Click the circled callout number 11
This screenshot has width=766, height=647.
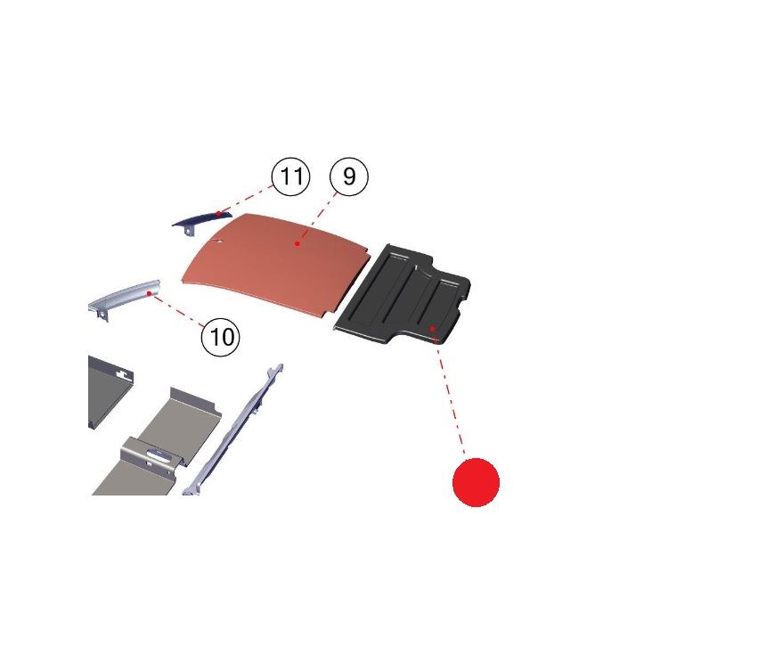point(290,176)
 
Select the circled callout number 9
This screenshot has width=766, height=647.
point(349,176)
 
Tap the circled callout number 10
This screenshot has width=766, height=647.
point(221,337)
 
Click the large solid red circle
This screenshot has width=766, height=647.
point(476,482)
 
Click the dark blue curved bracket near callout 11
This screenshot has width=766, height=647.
point(200,222)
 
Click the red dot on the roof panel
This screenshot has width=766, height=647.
point(297,243)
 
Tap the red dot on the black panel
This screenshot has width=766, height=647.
point(432,329)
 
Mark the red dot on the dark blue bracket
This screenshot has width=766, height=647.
point(218,214)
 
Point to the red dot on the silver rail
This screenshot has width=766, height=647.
point(149,293)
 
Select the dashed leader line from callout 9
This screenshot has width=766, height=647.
point(317,218)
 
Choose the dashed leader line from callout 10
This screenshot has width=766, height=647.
point(178,310)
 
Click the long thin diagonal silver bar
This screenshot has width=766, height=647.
point(233,430)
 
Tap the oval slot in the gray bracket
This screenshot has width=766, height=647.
point(159,455)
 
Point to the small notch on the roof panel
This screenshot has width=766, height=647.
point(218,240)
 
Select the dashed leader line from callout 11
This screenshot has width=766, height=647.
point(246,200)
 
